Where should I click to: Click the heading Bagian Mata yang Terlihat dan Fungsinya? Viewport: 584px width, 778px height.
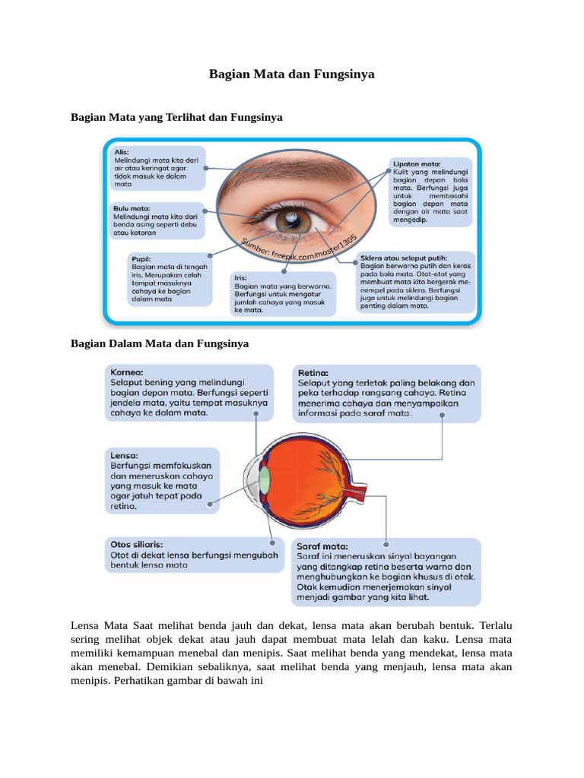[176, 118]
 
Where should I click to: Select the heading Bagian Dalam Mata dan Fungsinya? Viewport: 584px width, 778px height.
[160, 343]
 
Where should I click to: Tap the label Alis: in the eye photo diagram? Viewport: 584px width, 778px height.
[121, 152]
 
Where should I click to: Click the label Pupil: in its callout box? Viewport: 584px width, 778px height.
[141, 258]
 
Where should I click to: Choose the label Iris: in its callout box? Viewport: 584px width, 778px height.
[240, 278]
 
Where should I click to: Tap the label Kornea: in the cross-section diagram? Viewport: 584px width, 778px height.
[127, 373]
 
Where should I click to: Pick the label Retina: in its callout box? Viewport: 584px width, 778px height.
[313, 373]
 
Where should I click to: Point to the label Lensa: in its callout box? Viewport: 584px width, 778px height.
[125, 454]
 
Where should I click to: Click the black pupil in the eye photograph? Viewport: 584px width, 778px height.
[290, 220]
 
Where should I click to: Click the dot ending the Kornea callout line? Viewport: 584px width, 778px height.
[256, 415]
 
